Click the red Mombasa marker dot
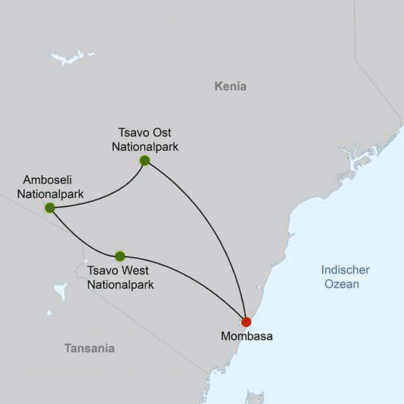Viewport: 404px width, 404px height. tap(246, 322)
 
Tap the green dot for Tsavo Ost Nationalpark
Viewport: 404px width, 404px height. tap(145, 160)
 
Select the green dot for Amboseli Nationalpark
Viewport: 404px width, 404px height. tap(50, 208)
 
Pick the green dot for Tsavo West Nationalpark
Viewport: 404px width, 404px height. tap(120, 256)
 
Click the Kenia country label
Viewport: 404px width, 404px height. tap(230, 86)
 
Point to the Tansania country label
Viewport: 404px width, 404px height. tap(89, 348)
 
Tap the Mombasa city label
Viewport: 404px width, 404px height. tap(247, 336)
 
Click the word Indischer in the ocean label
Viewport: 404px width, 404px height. tap(345, 270)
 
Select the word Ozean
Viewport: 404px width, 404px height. tap(342, 284)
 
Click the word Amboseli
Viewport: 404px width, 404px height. tap(47, 180)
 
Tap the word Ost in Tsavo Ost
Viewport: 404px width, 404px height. tap(161, 133)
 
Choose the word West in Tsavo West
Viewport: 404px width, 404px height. tap(136, 271)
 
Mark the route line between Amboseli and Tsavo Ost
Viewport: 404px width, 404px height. tap(107, 196)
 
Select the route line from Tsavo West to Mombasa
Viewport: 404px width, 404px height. tap(191, 276)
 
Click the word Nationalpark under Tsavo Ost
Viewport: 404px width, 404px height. tap(145, 147)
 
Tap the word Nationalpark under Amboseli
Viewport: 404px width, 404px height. tap(50, 194)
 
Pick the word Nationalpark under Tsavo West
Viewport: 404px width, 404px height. tap(120, 285)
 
